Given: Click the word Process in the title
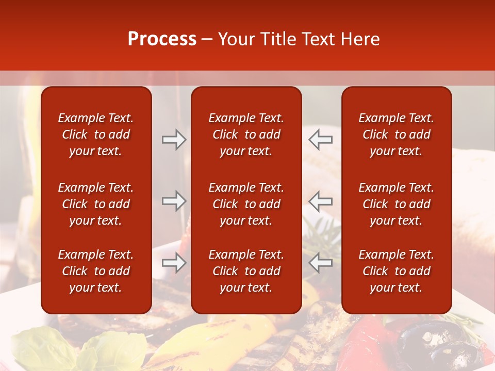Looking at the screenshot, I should point(162,39).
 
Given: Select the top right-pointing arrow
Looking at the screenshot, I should point(174,140).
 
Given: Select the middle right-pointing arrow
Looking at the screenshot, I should point(174,201).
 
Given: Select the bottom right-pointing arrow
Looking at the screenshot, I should point(174,263).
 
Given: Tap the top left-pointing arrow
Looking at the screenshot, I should point(321,140).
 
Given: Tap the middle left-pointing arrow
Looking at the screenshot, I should point(321,201).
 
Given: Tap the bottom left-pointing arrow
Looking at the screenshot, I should point(321,263).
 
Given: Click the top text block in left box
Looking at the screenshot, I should point(96,134).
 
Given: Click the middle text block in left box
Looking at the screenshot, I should point(96,204).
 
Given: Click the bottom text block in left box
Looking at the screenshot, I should point(96,271).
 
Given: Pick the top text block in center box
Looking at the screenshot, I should point(246,134).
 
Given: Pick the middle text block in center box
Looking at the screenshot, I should point(246,204).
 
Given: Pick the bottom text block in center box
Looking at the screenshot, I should point(246,271).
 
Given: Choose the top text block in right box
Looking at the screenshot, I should point(397,134).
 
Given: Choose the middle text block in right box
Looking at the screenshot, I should point(397,204).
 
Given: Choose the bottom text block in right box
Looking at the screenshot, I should point(397,271).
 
